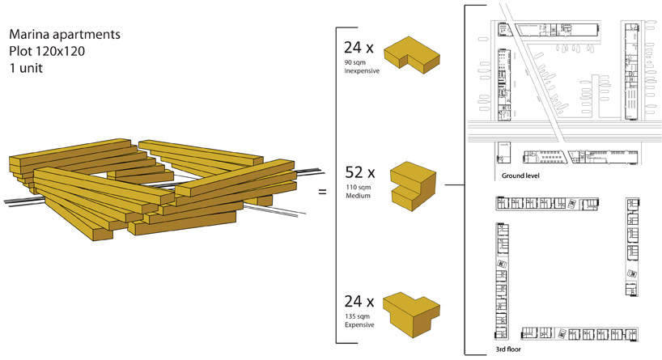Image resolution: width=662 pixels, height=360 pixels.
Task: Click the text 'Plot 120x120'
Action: (x=46, y=53)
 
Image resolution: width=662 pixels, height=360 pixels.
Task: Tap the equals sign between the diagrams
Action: (x=321, y=193)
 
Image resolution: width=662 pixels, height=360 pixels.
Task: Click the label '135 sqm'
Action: (x=357, y=316)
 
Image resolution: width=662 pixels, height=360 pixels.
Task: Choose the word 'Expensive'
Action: (x=359, y=324)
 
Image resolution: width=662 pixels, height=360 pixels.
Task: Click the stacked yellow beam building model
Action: (x=129, y=188)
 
